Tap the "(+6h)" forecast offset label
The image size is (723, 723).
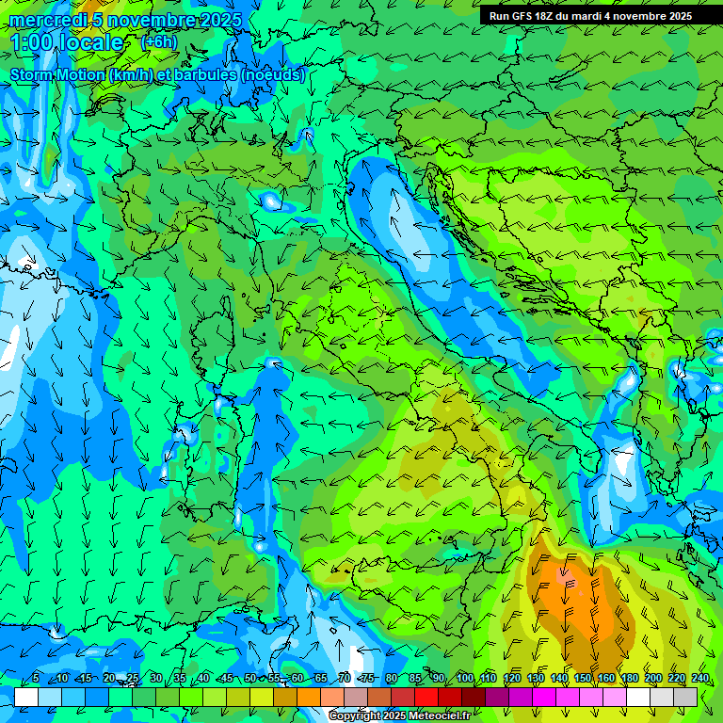158,41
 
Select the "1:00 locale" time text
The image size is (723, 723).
66,42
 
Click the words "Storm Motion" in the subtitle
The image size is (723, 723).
57,75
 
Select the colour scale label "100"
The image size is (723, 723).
465,679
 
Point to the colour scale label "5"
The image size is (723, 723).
36,679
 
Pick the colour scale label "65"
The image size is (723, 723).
320,679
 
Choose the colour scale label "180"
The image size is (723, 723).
629,679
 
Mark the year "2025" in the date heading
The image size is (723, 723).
220,20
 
